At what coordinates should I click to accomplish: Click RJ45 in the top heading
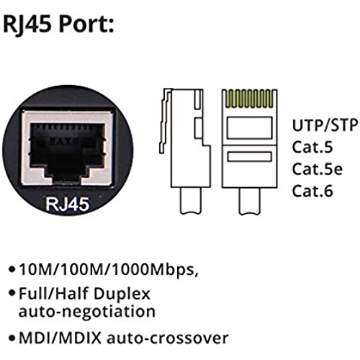coord(27,24)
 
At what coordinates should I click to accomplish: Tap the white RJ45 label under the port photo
coord(68,204)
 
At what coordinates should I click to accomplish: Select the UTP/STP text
coord(325,125)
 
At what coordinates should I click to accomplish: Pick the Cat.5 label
coord(312,147)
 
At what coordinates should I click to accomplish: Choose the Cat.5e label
coord(317,168)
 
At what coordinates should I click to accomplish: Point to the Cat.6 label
coord(312,191)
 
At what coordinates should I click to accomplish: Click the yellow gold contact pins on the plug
coord(250,99)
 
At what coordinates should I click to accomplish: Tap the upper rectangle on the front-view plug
coord(250,127)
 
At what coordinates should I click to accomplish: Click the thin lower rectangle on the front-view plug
coord(250,156)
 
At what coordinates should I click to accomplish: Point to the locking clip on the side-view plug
coord(166,121)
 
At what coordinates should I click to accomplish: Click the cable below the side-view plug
coord(192,201)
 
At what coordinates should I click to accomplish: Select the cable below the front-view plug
coord(250,201)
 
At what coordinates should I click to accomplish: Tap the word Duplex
coord(122,294)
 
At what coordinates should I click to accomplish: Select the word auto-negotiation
coord(87,312)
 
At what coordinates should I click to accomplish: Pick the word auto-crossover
coord(167,338)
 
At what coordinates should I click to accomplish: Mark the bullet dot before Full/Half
coord(12,292)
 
